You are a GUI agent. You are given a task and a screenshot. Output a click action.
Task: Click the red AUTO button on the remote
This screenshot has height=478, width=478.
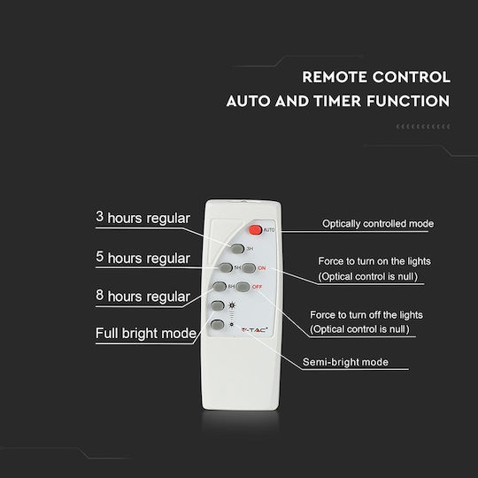255,230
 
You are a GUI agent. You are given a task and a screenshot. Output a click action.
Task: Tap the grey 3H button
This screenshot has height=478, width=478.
237,249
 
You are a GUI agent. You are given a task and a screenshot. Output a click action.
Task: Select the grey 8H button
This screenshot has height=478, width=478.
220,287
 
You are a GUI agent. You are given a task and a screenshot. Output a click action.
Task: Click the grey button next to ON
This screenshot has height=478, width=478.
249,268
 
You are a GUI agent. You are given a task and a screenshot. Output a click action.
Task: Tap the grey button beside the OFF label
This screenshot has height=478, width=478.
243,287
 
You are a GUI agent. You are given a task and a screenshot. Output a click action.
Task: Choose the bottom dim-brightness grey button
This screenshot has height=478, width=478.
218,324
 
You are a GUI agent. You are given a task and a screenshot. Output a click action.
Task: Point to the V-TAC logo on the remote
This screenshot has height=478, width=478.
255,330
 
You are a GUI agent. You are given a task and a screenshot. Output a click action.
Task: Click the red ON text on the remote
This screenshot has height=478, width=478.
261,268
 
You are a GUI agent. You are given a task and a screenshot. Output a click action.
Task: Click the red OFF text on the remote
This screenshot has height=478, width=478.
257,287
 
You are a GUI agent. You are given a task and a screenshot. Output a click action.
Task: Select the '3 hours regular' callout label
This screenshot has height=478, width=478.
143,218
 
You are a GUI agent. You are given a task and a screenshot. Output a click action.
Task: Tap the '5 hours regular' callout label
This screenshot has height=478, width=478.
143,258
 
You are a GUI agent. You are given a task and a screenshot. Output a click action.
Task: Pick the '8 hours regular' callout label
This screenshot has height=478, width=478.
143,296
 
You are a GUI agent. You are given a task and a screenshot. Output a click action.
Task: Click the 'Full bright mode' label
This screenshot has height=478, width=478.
146,333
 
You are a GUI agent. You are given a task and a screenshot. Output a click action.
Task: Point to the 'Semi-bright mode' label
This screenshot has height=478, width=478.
345,362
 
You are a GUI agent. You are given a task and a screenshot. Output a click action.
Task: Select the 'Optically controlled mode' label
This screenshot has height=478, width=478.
378,224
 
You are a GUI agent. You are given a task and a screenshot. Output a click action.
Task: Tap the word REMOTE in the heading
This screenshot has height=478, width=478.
335,77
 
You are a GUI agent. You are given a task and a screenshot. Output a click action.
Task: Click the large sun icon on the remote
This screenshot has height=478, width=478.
232,305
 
